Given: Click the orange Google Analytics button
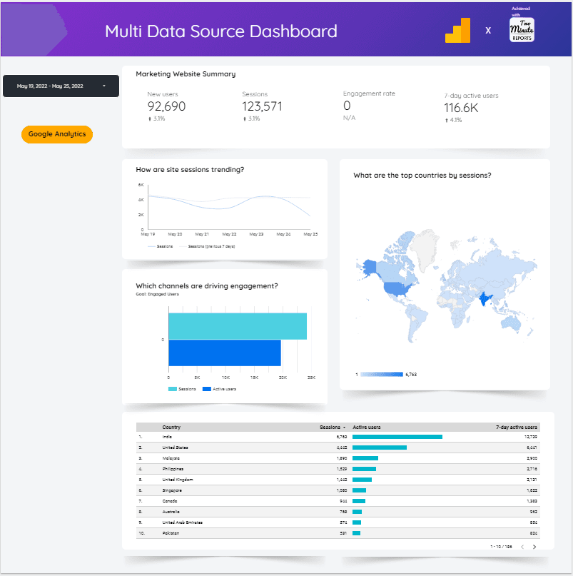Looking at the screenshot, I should (x=57, y=134).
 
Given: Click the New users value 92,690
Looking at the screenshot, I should (x=166, y=107).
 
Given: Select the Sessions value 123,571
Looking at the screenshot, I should (x=262, y=107).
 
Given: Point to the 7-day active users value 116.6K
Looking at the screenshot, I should (x=461, y=108).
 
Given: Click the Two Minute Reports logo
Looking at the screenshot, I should (x=522, y=30).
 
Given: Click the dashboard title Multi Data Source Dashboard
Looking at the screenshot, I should (x=221, y=31).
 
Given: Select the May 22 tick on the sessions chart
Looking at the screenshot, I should (x=229, y=234).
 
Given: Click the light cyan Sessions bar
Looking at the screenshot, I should (x=237, y=326).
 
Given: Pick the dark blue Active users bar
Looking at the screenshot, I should (x=225, y=353).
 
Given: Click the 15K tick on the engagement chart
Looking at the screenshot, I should (x=254, y=378).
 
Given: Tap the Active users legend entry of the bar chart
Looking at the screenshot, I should (x=220, y=389).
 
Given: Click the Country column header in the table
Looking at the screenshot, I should (x=171, y=428).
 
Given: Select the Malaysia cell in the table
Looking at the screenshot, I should (x=171, y=458).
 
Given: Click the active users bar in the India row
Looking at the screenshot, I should (x=397, y=437).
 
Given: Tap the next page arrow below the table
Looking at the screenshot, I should (x=534, y=547).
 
